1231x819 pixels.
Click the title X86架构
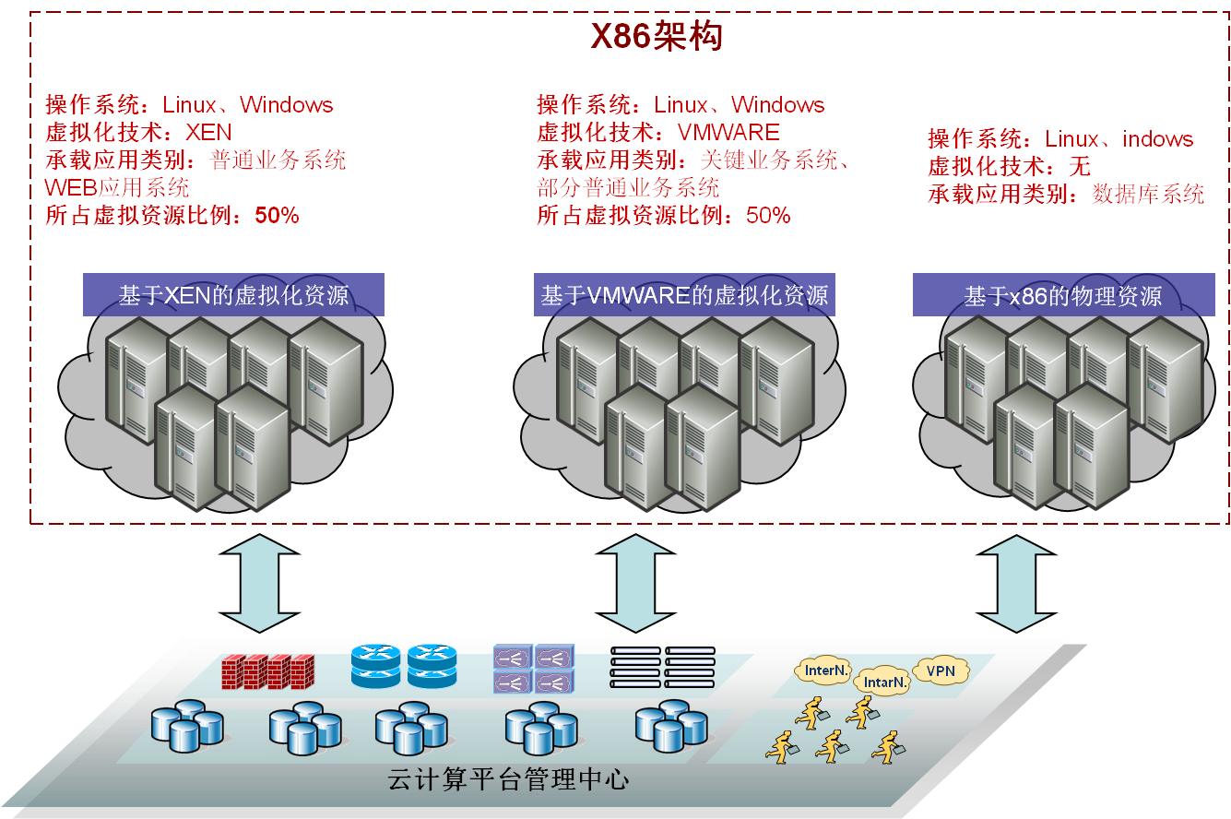(x=656, y=38)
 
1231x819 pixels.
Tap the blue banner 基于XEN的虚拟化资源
(x=233, y=295)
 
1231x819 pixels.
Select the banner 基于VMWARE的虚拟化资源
(x=684, y=295)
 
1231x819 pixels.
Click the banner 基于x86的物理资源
(x=1063, y=296)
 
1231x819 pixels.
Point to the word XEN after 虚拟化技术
(x=208, y=133)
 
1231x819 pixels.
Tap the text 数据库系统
(x=1148, y=195)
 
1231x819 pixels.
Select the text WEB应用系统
(x=117, y=188)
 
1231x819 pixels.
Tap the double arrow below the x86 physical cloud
(x=1015, y=583)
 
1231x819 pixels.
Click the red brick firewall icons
(x=268, y=671)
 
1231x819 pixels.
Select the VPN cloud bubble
(x=941, y=671)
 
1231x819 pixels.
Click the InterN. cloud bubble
(x=826, y=671)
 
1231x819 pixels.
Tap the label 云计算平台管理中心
(x=508, y=780)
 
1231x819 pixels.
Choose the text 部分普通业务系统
(x=628, y=188)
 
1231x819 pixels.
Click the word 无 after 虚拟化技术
(x=1079, y=167)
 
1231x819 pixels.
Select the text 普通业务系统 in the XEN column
(x=278, y=160)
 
